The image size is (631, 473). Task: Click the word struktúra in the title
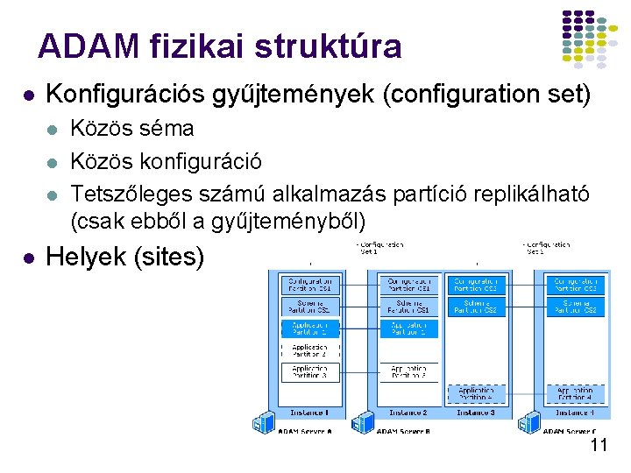pos(325,46)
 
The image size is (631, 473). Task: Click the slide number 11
pos(599,445)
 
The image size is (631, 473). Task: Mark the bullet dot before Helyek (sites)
pos(29,258)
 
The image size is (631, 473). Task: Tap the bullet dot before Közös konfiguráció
pos(53,162)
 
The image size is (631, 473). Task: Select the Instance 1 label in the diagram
pos(310,413)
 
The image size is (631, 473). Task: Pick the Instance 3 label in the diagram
pos(476,413)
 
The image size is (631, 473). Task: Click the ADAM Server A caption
pos(305,431)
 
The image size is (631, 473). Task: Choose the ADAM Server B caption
pos(402,431)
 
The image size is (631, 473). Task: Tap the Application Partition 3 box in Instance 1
pos(310,373)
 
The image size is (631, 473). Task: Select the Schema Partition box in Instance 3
pos(476,307)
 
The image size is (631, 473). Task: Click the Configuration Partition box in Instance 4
pos(575,285)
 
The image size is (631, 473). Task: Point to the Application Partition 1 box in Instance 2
pos(408,328)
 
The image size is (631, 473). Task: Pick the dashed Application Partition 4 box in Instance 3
pos(476,394)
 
